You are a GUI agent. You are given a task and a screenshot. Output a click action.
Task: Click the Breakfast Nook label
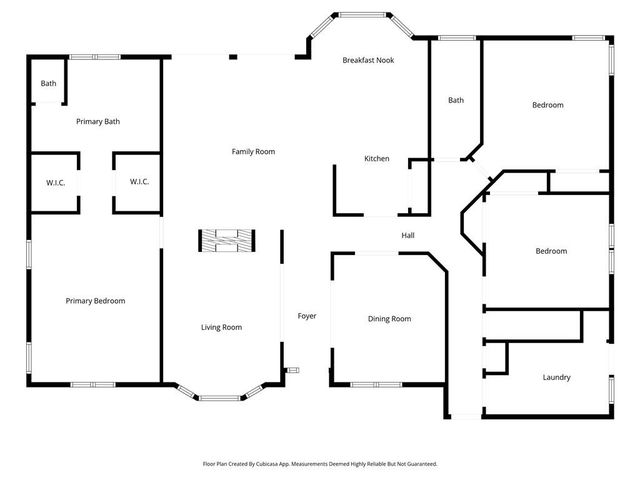[368, 61]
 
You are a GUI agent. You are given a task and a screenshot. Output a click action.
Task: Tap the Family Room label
[253, 151]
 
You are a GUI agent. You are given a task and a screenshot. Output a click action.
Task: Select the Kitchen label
[376, 159]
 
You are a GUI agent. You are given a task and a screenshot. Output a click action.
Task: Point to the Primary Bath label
[98, 122]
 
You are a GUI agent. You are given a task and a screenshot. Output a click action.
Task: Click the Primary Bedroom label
[95, 300]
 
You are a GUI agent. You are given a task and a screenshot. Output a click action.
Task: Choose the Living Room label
[221, 327]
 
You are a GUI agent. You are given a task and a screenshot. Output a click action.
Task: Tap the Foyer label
[307, 316]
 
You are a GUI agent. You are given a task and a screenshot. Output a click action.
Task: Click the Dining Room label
[389, 319]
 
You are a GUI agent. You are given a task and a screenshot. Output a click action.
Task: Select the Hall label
[408, 236]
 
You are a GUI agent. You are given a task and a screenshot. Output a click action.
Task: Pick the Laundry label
[556, 377]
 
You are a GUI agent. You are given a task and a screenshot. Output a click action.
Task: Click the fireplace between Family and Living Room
[225, 240]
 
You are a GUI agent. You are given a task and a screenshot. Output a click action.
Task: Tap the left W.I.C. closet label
[55, 182]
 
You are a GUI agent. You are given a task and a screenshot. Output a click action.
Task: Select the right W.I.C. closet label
[139, 182]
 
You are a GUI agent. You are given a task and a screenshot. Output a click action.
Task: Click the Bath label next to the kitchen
[456, 100]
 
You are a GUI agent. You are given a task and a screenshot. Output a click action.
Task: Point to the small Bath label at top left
[48, 84]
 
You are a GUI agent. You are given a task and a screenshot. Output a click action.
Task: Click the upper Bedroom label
[547, 105]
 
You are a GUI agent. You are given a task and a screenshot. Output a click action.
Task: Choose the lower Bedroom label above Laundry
[550, 251]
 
